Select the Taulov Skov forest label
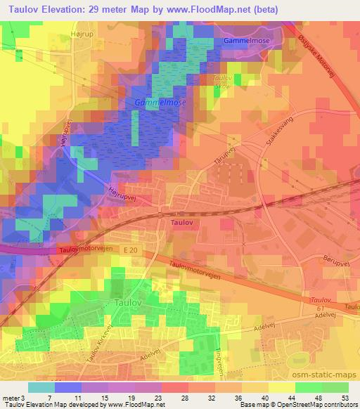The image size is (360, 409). pos(222,81)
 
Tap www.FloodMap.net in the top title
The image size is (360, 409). pos(219,11)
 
